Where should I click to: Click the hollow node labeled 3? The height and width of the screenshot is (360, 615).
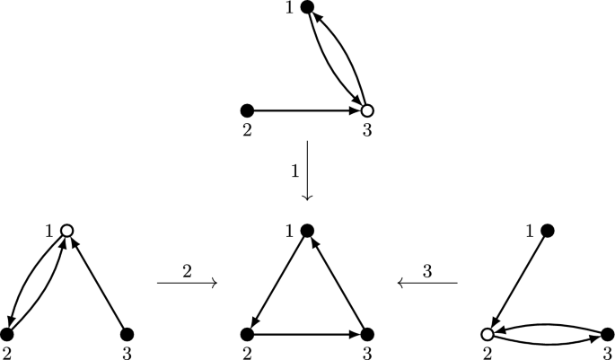366,110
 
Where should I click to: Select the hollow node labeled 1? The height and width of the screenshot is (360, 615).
66,232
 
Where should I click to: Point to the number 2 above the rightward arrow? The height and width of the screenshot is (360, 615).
188,269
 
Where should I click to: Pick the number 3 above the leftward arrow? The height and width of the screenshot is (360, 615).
427,269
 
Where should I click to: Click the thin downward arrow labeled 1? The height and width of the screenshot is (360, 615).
307,171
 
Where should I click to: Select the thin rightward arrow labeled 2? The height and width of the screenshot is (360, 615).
187,284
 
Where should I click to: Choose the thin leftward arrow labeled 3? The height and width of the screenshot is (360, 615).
427,284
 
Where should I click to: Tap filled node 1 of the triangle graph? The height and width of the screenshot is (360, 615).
307,232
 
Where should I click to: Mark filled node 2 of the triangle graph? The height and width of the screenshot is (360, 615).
248,334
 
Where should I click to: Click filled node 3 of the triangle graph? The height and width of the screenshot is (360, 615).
366,334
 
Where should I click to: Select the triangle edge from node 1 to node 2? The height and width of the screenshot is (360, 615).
277,283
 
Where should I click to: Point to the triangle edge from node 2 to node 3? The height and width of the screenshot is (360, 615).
307,334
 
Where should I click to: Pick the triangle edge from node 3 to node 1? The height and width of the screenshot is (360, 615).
337,283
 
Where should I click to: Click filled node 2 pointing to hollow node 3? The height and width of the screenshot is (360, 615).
248,110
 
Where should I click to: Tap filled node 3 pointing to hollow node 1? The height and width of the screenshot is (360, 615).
126,334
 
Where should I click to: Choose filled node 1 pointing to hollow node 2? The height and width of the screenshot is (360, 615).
549,232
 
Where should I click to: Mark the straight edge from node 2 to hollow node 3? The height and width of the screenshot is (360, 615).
307,110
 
